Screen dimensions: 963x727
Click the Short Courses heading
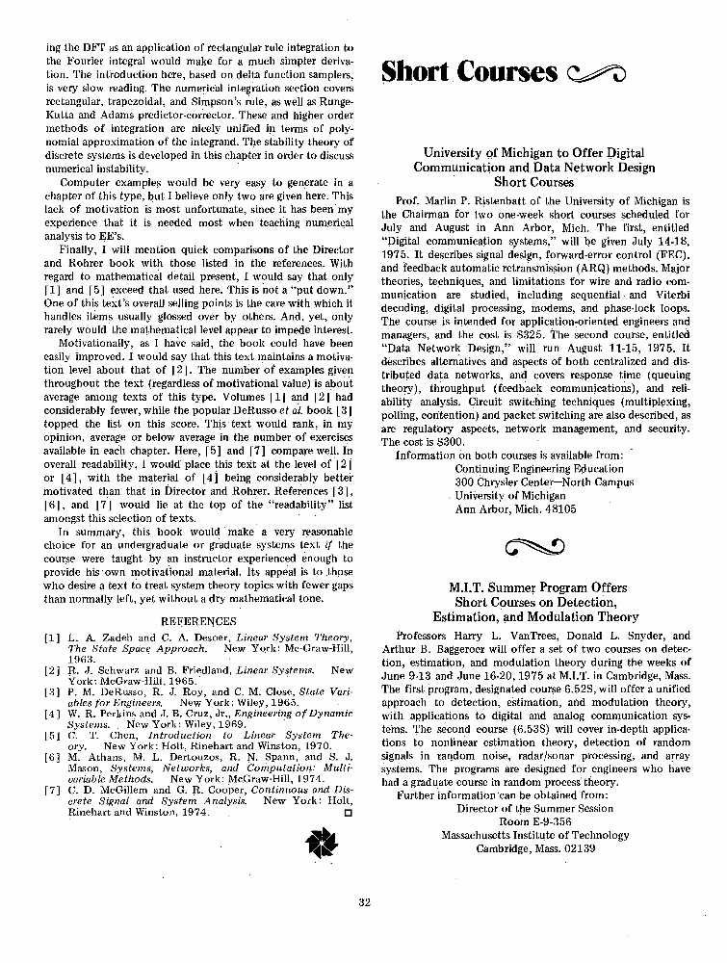[x=469, y=72]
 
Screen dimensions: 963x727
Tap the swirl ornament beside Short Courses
[x=599, y=73]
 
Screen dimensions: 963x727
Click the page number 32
[x=363, y=901]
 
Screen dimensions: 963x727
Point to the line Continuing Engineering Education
[x=538, y=468]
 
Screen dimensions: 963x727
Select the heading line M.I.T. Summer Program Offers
[x=537, y=587]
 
